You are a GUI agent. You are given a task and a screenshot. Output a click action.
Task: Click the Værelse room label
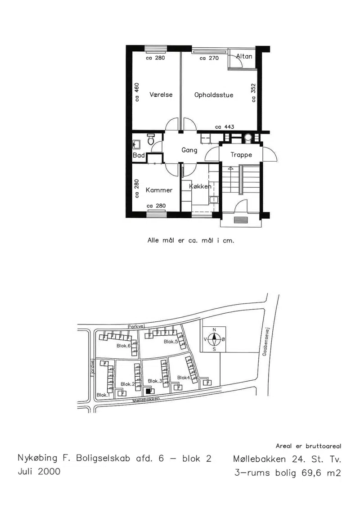(161, 95)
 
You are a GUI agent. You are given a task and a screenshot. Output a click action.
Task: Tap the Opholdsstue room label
(214, 95)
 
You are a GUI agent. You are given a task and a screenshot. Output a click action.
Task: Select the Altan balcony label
(244, 56)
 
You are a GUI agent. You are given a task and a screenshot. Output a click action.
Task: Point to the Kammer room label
(159, 190)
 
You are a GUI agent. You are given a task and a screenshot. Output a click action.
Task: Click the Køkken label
(200, 186)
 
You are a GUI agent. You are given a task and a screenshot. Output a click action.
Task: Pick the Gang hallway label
(189, 150)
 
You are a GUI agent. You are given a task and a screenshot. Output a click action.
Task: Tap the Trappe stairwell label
(241, 155)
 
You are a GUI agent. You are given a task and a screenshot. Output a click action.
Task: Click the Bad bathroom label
(139, 156)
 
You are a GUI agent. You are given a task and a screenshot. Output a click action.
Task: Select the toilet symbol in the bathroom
(151, 139)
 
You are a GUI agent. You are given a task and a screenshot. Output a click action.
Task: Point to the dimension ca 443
(225, 127)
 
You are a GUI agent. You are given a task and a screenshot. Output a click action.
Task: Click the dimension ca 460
(137, 92)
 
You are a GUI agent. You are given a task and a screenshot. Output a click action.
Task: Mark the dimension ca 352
(253, 93)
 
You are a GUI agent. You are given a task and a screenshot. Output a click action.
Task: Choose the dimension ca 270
(209, 59)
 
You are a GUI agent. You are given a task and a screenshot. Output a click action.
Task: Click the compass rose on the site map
(214, 339)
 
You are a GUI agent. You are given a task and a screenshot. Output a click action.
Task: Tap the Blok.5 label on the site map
(171, 342)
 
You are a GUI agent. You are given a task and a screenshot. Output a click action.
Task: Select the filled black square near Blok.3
(148, 391)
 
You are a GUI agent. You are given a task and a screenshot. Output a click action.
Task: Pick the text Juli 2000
(39, 472)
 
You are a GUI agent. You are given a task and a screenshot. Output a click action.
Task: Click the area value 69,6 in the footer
(312, 473)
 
